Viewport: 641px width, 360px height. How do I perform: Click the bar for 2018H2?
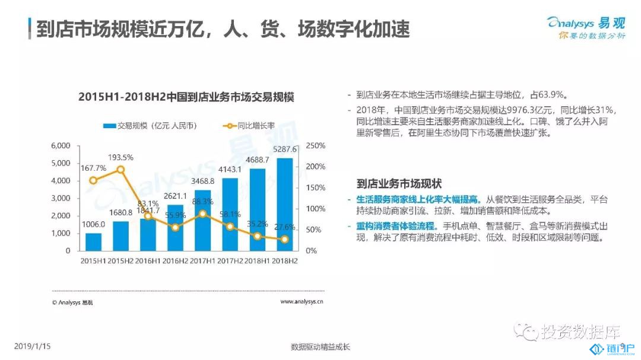[285, 205]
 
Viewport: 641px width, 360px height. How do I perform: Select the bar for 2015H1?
[93, 242]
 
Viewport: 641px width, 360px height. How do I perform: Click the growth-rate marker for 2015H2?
[120, 170]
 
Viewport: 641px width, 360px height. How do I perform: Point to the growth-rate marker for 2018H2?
[285, 240]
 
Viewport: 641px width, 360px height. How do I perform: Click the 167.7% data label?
[93, 168]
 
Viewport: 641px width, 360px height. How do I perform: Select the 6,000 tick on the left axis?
[61, 146]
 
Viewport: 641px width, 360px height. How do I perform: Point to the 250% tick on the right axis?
[315, 146]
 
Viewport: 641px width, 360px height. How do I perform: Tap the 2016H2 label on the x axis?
[175, 261]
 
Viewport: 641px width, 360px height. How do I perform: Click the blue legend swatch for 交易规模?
[109, 126]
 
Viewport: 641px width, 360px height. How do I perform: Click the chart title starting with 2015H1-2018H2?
[186, 97]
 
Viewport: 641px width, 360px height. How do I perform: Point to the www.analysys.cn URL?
[302, 302]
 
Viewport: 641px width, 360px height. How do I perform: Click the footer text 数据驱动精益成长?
[320, 347]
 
